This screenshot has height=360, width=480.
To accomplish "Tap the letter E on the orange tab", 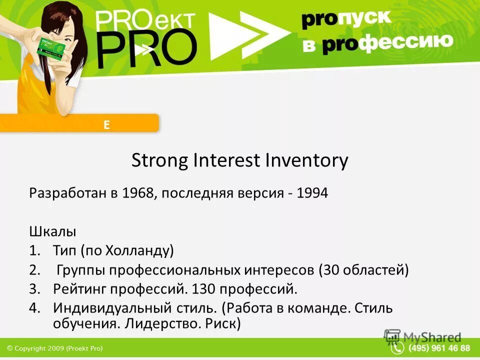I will (x=106, y=125).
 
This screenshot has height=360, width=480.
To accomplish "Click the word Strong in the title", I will (x=160, y=161).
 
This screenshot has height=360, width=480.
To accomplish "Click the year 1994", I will (x=312, y=193).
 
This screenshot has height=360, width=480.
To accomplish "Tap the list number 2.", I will (x=33, y=270).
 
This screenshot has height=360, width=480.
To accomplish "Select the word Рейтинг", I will (x=80, y=289).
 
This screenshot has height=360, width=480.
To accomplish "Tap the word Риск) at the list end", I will (x=223, y=324).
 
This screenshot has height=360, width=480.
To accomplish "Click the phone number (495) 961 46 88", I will (x=439, y=348).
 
